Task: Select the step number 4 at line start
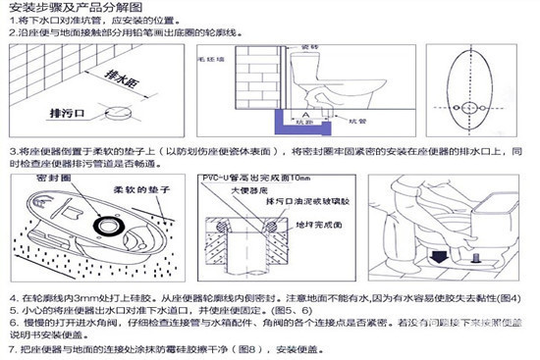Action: tap(11, 297)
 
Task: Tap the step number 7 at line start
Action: tap(11, 349)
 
